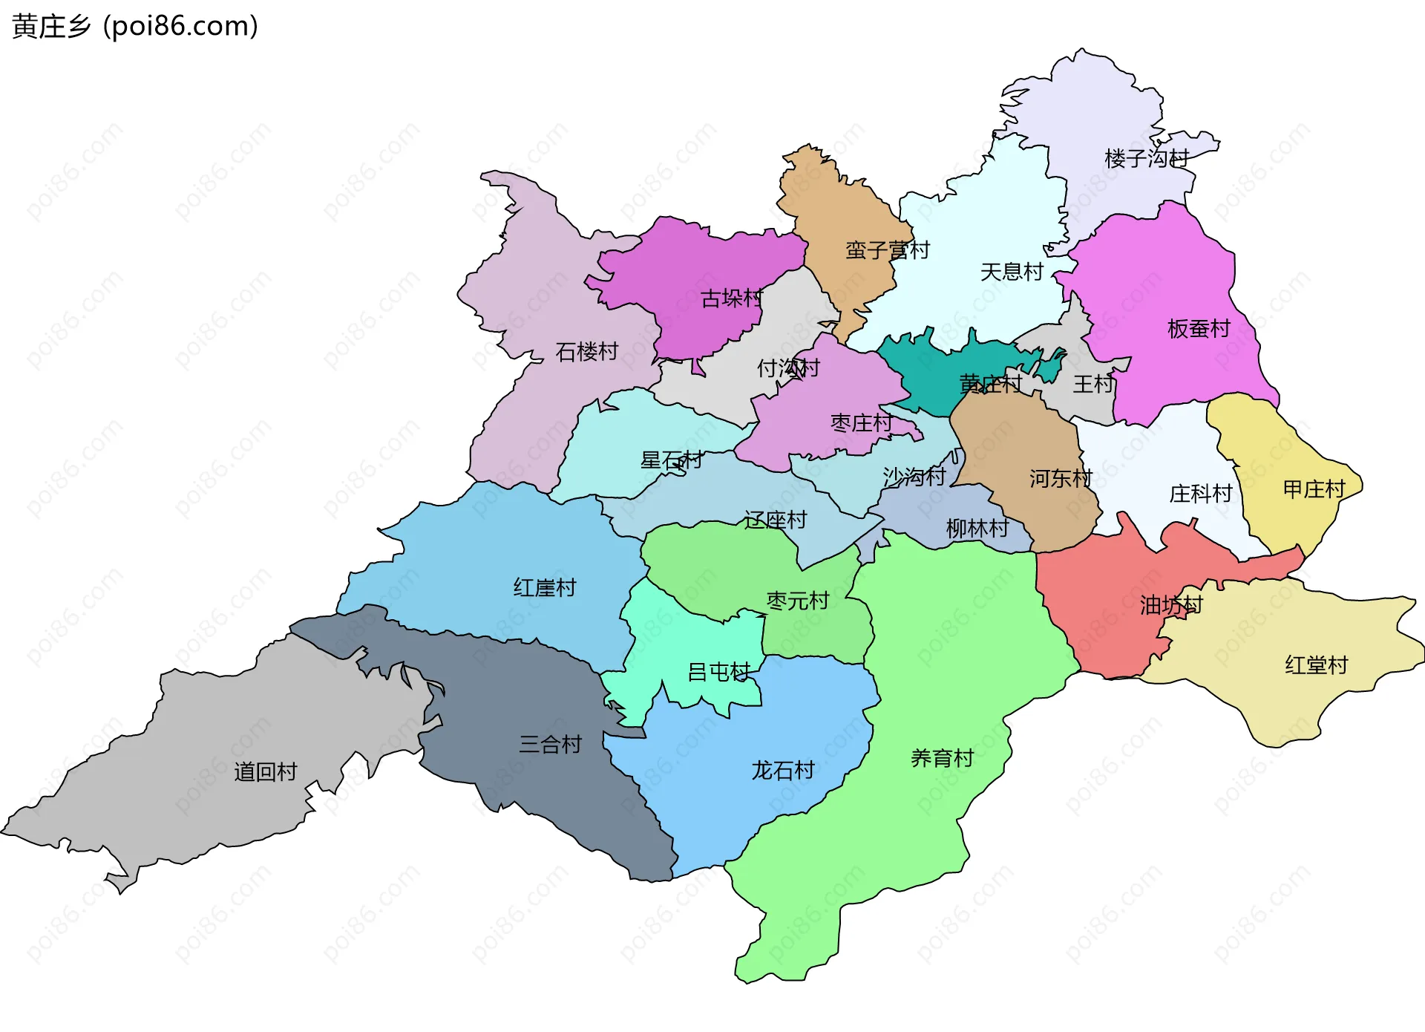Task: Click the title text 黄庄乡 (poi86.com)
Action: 135,27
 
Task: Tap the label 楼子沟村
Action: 1146,158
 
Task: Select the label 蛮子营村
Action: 887,250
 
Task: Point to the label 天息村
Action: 1012,272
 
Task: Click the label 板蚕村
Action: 1199,328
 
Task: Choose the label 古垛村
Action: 732,298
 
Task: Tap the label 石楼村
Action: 586,351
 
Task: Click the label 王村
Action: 1093,384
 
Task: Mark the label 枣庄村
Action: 861,423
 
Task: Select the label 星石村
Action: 672,460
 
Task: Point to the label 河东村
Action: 1061,479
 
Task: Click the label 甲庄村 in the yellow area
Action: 1314,489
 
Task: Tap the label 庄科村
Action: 1200,494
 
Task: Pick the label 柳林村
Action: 977,529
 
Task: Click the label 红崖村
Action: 545,588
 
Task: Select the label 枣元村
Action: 797,601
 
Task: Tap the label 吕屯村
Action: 718,672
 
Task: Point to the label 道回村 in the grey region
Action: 265,772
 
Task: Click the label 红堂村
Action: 1316,665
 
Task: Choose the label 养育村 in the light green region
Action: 942,758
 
